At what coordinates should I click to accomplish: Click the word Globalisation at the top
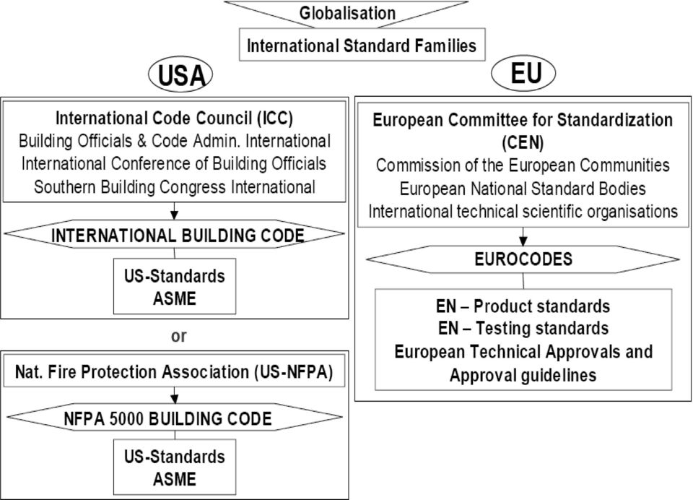[x=347, y=13]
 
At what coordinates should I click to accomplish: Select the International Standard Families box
[x=362, y=45]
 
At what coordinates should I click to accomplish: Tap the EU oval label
[x=523, y=73]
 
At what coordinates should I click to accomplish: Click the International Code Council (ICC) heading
[x=174, y=118]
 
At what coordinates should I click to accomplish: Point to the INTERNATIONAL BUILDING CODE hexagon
[x=174, y=234]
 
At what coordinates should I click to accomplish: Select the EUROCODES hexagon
[x=523, y=259]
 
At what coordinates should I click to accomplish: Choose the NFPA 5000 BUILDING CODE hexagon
[x=174, y=417]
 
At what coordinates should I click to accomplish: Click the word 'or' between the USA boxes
[x=178, y=336]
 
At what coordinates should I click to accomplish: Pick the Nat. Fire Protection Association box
[x=174, y=371]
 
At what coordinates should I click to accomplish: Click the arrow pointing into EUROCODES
[x=523, y=237]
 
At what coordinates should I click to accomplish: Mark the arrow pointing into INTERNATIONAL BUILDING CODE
[x=174, y=211]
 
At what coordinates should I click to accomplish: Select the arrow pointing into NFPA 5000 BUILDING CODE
[x=175, y=395]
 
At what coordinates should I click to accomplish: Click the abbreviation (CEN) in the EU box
[x=523, y=142]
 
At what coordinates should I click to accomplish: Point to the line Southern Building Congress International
[x=175, y=186]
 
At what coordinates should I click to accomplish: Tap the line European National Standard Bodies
[x=523, y=189]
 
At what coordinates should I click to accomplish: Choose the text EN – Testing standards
[x=523, y=328]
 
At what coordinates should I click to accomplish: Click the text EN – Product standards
[x=523, y=306]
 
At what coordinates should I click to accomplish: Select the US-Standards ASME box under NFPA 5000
[x=175, y=467]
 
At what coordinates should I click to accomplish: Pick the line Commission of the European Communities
[x=523, y=165]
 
